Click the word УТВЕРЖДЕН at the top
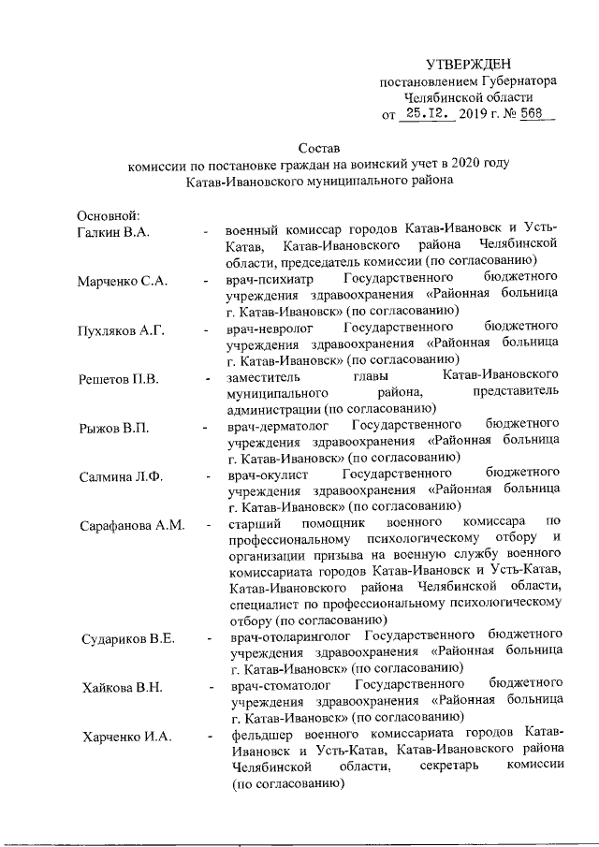pos(468,64)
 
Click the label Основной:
pos(108,216)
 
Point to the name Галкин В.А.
pos(113,231)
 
